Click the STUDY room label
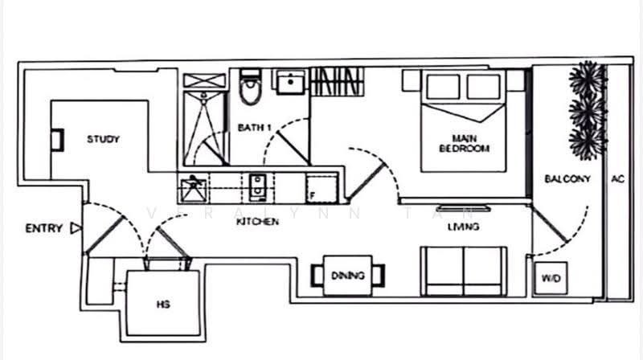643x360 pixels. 103,139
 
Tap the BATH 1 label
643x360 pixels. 254,128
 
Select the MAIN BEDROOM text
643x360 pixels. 465,143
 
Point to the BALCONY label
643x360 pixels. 567,178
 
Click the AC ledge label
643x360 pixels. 617,178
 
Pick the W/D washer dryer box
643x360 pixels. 551,278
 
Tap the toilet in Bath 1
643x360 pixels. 250,86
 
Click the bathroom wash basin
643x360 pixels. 290,83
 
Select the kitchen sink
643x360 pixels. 257,188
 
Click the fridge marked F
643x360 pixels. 321,189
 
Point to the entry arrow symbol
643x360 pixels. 76,228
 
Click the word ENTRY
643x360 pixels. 44,228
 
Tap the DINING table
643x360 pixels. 348,275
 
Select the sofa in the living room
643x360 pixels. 464,271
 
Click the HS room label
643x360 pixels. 163,305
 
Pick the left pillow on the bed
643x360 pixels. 443,87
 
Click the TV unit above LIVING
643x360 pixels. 464,208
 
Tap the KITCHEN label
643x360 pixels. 257,222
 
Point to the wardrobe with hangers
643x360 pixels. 337,82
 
